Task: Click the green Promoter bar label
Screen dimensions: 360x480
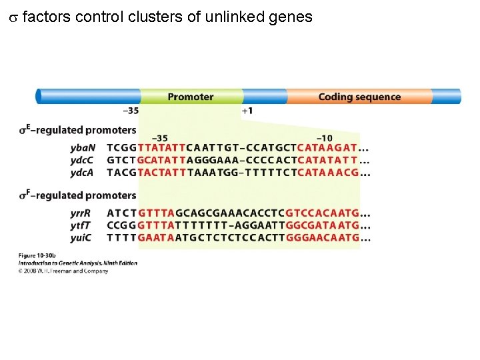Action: [x=191, y=97]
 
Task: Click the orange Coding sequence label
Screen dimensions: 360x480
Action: [x=359, y=97]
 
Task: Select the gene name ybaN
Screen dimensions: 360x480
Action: [x=83, y=147]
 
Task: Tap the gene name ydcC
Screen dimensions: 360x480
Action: [x=83, y=160]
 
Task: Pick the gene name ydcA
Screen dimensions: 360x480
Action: [x=83, y=173]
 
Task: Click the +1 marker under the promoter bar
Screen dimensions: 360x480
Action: [x=247, y=110]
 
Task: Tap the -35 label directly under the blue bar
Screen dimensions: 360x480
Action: [x=131, y=110]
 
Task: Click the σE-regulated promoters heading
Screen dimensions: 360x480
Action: [x=77, y=130]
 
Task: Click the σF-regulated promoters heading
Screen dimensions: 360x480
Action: [x=77, y=195]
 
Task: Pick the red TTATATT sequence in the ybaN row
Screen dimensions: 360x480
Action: [x=161, y=147]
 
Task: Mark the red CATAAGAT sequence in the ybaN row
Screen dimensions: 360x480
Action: [x=327, y=147]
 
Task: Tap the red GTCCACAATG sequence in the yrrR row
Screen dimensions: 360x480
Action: [x=322, y=213]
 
